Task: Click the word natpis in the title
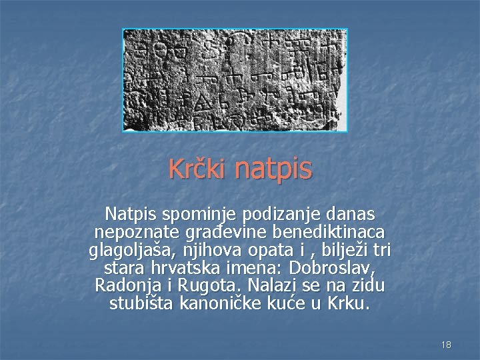[273, 169]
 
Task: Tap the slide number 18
[446, 345]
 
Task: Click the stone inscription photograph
[235, 79]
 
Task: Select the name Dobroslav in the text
[338, 269]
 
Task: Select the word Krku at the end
[349, 303]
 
